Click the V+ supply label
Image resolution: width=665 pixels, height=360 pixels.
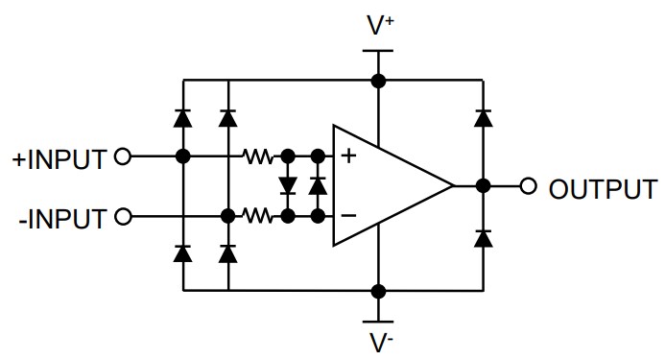pos(380,25)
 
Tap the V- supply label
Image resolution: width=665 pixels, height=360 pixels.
pos(380,342)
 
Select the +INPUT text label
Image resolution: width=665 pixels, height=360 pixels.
pos(59,158)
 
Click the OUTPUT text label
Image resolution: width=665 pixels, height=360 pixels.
pos(603,187)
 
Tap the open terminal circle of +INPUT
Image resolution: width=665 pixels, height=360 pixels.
pos(122,156)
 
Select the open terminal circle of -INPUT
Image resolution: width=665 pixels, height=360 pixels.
pos(122,216)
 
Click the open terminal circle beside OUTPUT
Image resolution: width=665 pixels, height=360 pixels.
pos(528,186)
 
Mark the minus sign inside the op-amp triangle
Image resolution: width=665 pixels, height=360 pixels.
pos(349,216)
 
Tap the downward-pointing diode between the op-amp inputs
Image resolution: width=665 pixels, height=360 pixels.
pos(286,184)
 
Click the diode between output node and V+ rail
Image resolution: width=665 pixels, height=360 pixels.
pos(483,119)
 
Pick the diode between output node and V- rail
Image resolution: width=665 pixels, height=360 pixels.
pos(483,236)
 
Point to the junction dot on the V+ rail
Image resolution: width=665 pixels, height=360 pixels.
pos(379,80)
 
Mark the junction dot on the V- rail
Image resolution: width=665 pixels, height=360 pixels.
pos(379,289)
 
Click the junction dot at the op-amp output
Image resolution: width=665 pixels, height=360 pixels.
pos(483,186)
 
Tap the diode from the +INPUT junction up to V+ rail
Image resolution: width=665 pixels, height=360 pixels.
pos(181,118)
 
